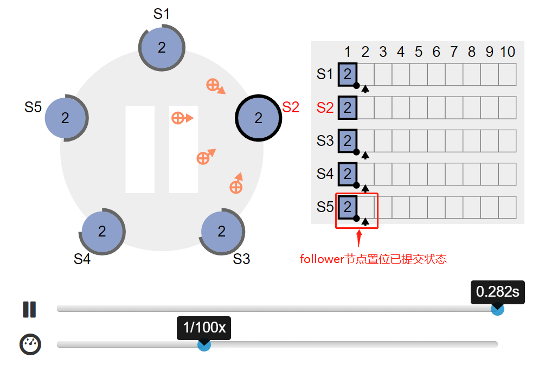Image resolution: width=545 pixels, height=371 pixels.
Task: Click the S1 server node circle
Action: [162, 48]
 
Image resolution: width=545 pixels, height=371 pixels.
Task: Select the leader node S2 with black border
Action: [258, 118]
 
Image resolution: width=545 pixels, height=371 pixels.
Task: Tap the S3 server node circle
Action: [222, 232]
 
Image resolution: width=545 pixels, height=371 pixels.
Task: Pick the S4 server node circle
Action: [102, 232]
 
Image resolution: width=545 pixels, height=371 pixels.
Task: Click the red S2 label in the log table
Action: [325, 108]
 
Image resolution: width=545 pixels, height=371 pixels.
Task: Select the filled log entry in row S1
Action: [348, 74]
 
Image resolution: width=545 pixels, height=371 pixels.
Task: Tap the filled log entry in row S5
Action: [348, 207]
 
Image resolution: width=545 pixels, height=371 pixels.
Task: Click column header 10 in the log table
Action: [508, 52]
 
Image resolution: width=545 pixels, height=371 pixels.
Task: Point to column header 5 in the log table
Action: [419, 52]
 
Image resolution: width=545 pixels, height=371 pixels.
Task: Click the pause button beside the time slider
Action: [29, 310]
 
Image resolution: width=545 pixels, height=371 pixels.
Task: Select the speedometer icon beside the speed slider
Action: [30, 344]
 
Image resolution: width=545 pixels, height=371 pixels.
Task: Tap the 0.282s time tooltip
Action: [498, 292]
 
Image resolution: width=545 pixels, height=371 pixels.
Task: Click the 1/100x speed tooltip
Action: [204, 328]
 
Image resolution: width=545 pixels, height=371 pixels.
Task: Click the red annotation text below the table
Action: [373, 259]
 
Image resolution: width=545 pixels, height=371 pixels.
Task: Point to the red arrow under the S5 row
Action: [359, 239]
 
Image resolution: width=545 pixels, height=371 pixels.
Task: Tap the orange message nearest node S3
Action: [236, 183]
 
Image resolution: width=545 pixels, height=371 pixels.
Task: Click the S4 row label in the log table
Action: [325, 174]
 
